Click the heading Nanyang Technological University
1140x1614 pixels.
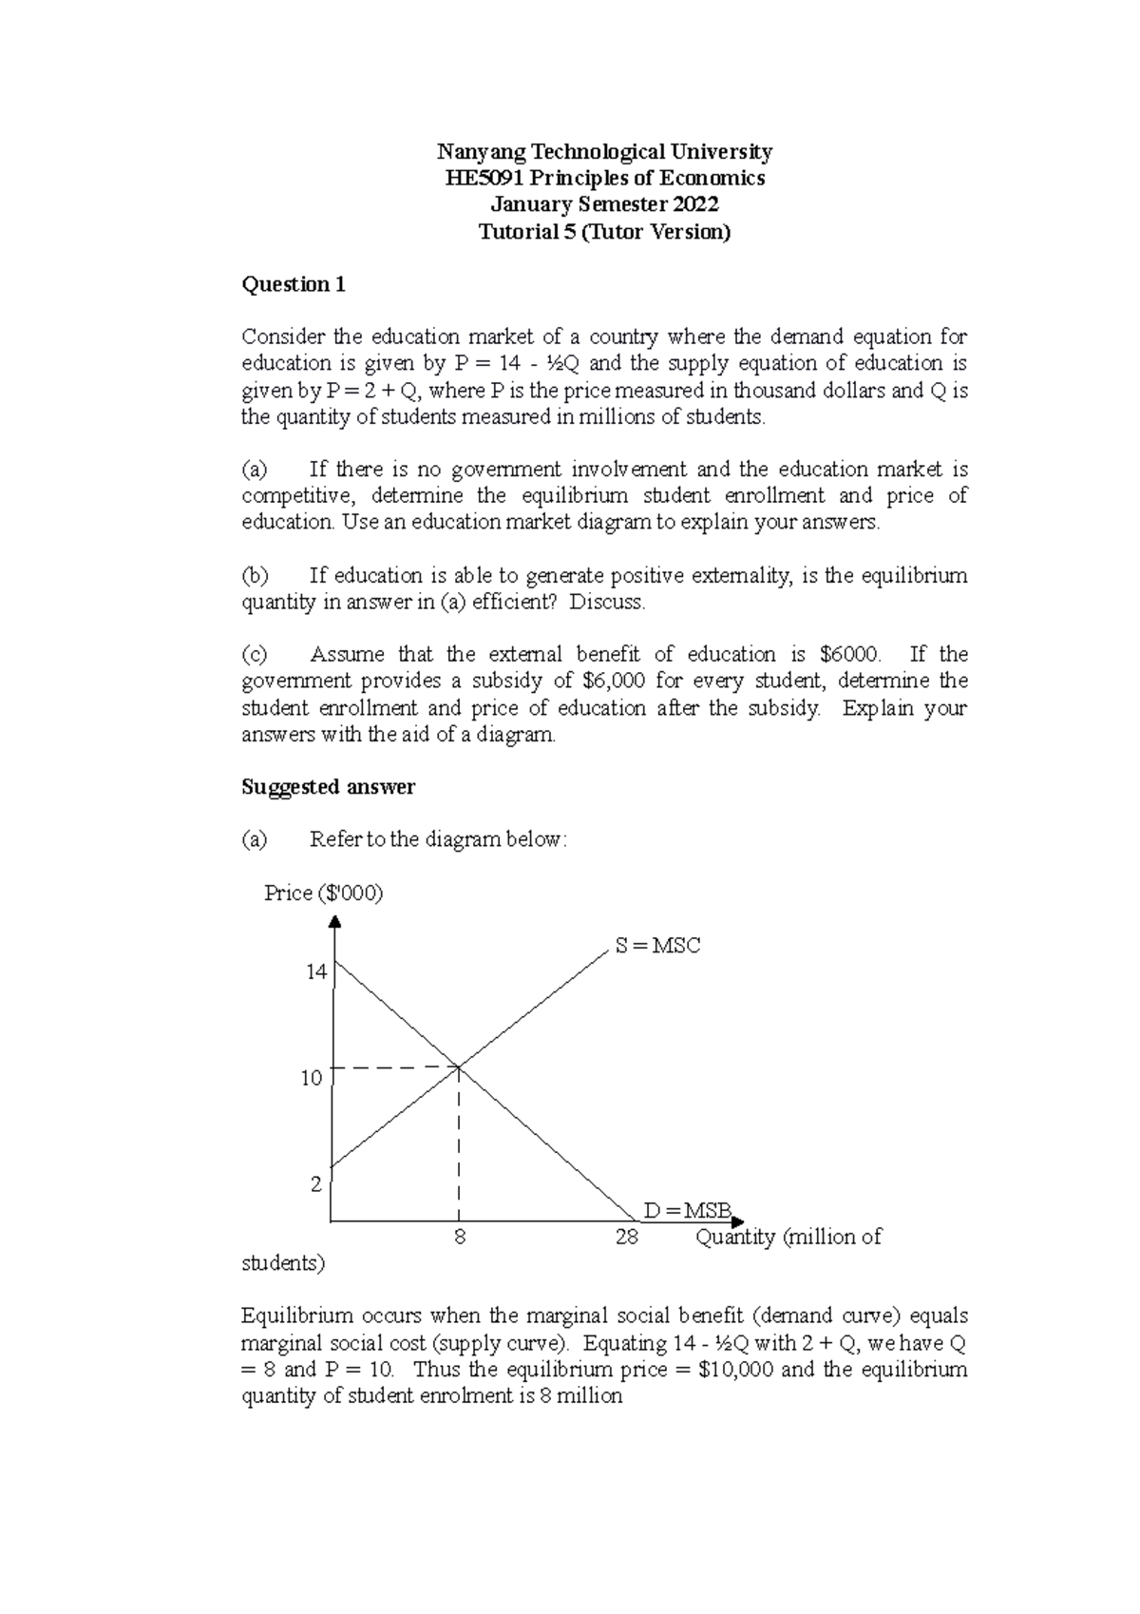(604, 151)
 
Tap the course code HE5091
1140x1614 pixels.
(484, 178)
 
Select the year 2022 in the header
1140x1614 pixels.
(695, 204)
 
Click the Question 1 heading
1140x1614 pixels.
(294, 284)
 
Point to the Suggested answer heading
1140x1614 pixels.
(328, 787)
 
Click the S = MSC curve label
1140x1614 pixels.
(657, 946)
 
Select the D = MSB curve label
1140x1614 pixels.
(687, 1211)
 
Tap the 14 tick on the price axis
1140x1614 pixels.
(315, 971)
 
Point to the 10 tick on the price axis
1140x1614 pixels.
(312, 1078)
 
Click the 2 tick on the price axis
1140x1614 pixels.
(316, 1184)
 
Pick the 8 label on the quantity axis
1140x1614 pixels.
(460, 1238)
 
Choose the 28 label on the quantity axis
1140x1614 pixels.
(626, 1238)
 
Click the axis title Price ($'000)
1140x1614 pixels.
(324, 893)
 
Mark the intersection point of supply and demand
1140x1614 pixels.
(460, 1067)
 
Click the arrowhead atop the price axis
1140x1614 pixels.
(334, 920)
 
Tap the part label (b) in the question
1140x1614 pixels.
(255, 575)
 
